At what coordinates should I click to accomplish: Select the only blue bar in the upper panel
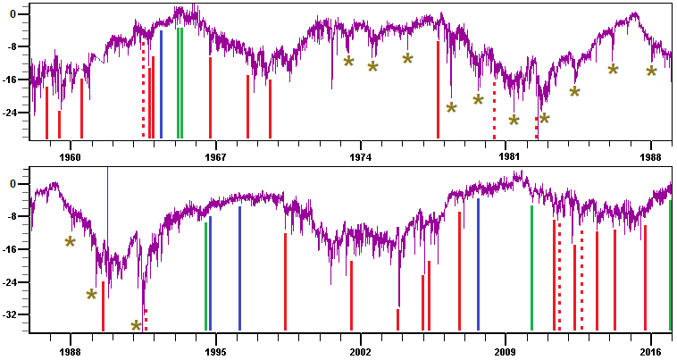click(x=161, y=85)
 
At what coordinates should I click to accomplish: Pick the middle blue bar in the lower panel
click(x=239, y=268)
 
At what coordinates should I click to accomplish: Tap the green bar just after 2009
click(x=531, y=268)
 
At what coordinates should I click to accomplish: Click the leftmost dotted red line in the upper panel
click(x=143, y=89)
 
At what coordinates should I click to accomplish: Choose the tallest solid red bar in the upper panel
click(x=438, y=89)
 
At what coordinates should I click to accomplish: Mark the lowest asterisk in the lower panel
click(x=137, y=326)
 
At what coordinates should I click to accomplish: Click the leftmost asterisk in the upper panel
click(x=348, y=62)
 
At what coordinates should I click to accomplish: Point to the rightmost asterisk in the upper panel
click(x=651, y=71)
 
